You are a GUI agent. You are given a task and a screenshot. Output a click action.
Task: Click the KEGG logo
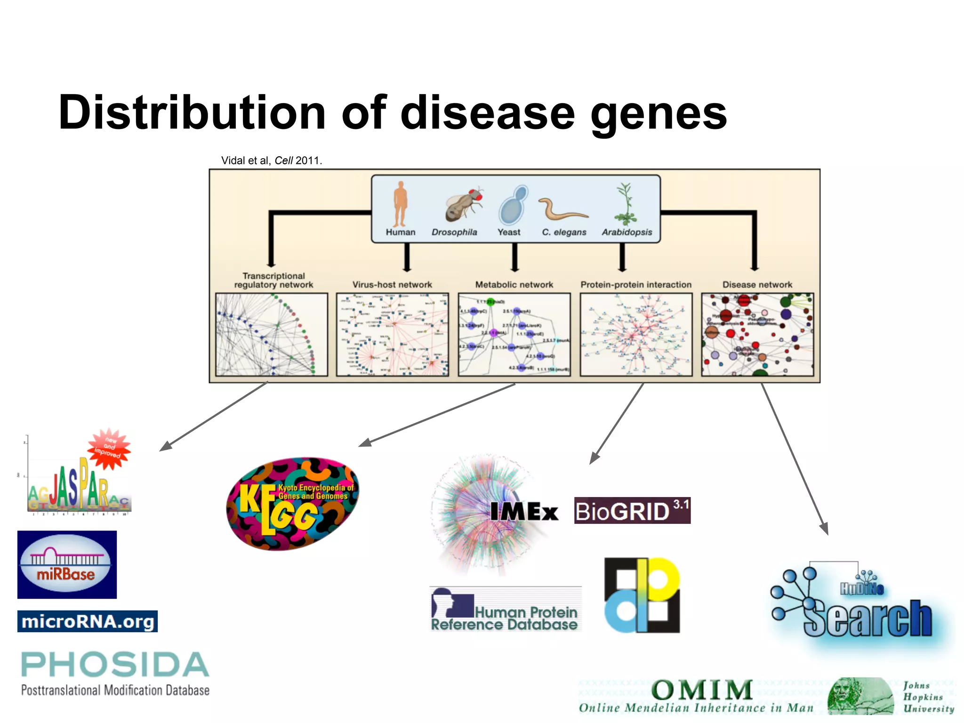pyautogui.click(x=292, y=504)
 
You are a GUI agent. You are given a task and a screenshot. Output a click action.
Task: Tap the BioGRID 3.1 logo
pyautogui.click(x=632, y=511)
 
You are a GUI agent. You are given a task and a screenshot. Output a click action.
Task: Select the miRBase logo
pyautogui.click(x=67, y=564)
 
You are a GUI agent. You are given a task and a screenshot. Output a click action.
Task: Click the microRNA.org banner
pyautogui.click(x=88, y=621)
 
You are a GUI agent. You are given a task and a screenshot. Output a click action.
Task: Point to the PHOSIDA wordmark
pyautogui.click(x=115, y=665)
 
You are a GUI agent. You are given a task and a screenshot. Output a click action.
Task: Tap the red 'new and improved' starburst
pyautogui.click(x=109, y=448)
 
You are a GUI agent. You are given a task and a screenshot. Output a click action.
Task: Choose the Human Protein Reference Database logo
pyautogui.click(x=506, y=610)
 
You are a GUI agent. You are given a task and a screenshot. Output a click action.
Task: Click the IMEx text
pyautogui.click(x=524, y=512)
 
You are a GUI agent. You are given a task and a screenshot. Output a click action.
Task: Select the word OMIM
pyautogui.click(x=701, y=690)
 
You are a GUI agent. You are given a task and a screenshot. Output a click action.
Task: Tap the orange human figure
pyautogui.click(x=400, y=204)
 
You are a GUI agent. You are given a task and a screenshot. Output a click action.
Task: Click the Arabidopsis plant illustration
pyautogui.click(x=625, y=204)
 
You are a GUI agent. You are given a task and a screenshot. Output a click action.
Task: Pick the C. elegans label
pyautogui.click(x=563, y=232)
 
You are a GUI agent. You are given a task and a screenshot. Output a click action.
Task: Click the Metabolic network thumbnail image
pyautogui.click(x=514, y=334)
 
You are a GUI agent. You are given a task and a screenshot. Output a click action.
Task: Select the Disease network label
pyautogui.click(x=757, y=284)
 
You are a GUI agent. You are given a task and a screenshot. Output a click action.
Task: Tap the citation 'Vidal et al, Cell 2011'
pyautogui.click(x=272, y=161)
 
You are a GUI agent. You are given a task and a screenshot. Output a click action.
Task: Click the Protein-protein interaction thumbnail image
pyautogui.click(x=636, y=334)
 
